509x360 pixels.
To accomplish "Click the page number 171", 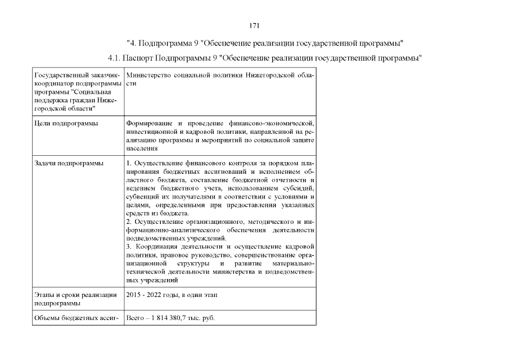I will coord(254,26).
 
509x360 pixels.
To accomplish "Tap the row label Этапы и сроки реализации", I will coord(75,295).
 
